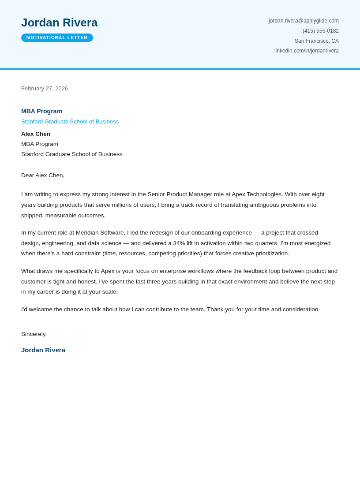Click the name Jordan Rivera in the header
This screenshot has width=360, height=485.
click(59, 22)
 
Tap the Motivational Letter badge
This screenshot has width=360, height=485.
click(57, 38)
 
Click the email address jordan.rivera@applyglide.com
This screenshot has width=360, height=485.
click(304, 21)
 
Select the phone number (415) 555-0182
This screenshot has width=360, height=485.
click(320, 31)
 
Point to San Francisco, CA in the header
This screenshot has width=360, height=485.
click(316, 41)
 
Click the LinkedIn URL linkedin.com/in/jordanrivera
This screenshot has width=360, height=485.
click(306, 51)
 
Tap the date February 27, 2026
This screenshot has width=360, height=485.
click(45, 89)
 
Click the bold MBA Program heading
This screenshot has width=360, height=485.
click(41, 111)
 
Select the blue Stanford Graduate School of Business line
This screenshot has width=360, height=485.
click(70, 122)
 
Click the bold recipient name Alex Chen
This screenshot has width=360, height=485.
click(36, 134)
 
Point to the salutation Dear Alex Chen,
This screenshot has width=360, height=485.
click(43, 175)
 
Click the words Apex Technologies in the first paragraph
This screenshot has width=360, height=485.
click(257, 194)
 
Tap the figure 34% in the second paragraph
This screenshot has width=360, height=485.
click(179, 243)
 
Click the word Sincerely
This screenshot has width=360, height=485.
click(34, 334)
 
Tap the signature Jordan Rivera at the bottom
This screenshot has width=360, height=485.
click(43, 350)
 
